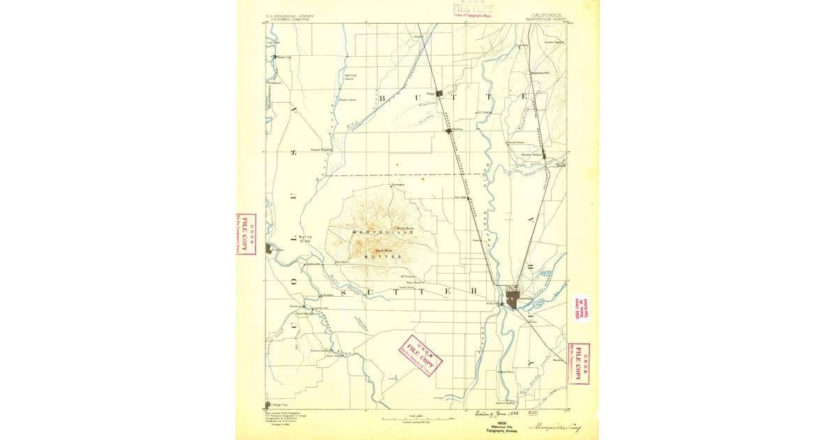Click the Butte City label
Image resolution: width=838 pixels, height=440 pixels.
click(x=284, y=57)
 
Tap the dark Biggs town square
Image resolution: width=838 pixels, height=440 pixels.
click(x=440, y=91)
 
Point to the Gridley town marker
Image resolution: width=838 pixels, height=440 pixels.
click(x=448, y=130)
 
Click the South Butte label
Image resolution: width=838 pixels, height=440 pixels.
click(x=385, y=250)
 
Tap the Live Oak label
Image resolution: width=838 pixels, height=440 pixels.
click(x=461, y=198)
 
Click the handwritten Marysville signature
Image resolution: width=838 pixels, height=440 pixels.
click(x=556, y=427)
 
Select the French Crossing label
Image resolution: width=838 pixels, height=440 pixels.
click(x=321, y=149)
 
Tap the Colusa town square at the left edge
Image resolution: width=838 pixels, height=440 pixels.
click(x=269, y=248)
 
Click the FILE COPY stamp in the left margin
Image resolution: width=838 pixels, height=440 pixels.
click(x=247, y=235)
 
